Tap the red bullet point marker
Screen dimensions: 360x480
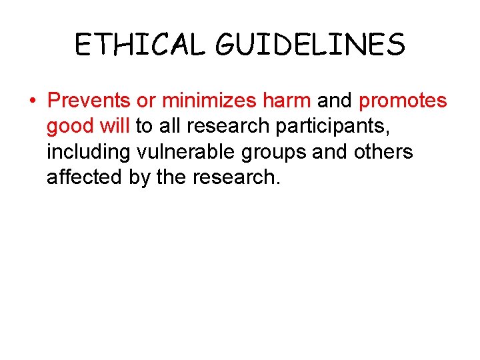32,101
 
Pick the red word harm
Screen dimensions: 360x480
286,101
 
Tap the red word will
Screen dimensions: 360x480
117,126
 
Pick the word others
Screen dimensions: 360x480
385,152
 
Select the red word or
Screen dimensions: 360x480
147,101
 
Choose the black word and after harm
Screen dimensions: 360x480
335,101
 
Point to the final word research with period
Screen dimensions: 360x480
241,177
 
